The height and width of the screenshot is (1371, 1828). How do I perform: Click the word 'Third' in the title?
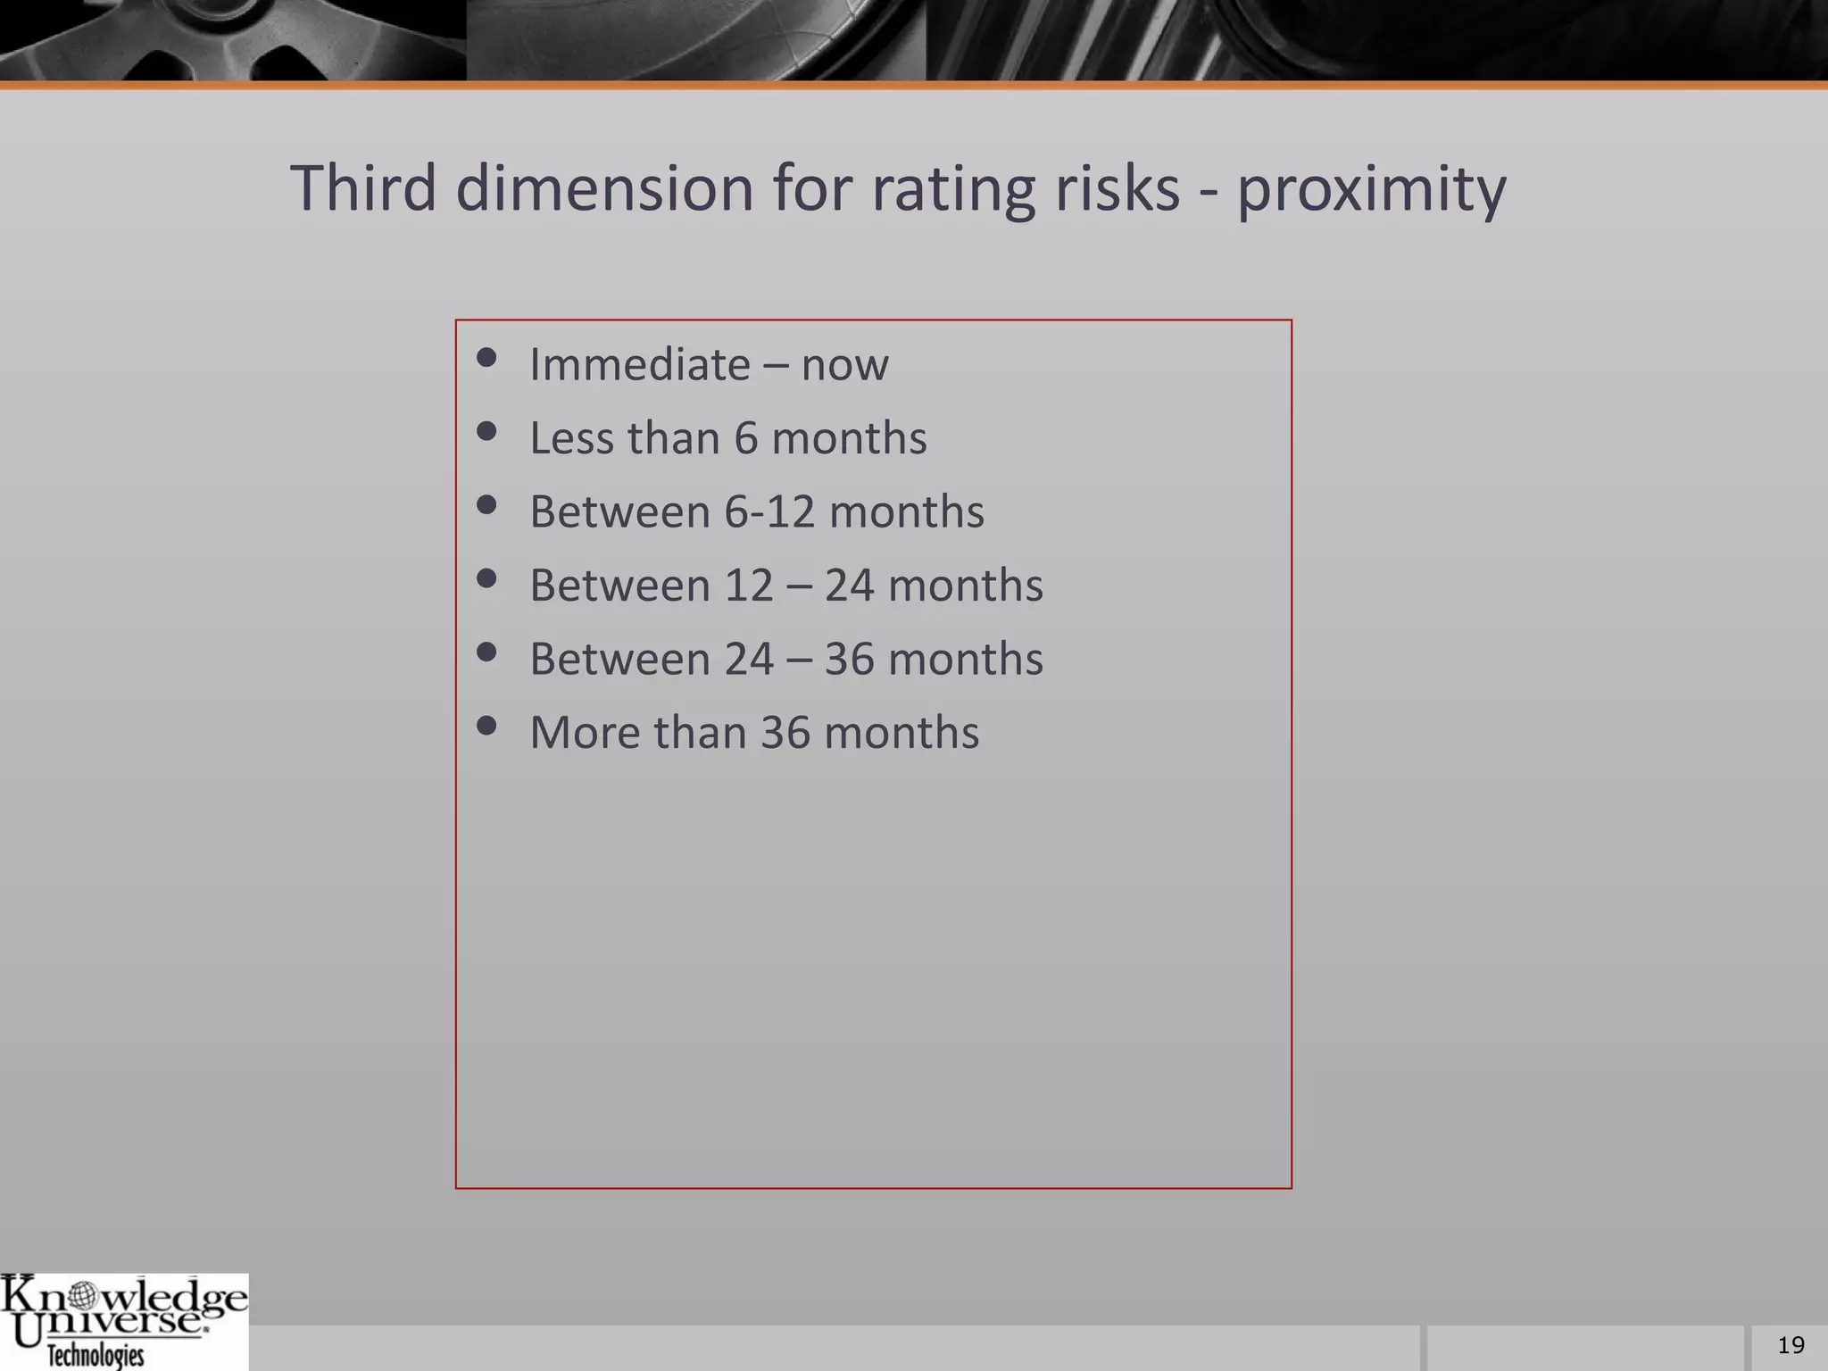pyautogui.click(x=363, y=188)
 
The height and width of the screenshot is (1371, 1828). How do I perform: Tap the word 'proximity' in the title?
pyautogui.click(x=1371, y=190)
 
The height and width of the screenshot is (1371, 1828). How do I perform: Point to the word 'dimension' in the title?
pyautogui.click(x=604, y=188)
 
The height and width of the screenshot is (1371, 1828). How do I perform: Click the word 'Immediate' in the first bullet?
pyautogui.click(x=640, y=364)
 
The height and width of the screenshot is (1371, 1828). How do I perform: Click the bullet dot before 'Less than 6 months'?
pyautogui.click(x=486, y=433)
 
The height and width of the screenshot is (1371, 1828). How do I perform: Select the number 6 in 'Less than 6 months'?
pyautogui.click(x=745, y=438)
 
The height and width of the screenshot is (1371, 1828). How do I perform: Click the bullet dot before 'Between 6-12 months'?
pyautogui.click(x=486, y=506)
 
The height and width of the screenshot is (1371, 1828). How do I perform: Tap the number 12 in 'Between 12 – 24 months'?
pyautogui.click(x=749, y=586)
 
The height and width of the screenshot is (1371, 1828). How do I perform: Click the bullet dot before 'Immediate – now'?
pyautogui.click(x=486, y=359)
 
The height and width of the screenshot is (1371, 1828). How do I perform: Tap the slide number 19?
pyautogui.click(x=1791, y=1345)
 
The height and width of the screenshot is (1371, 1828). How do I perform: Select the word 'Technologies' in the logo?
pyautogui.click(x=96, y=1356)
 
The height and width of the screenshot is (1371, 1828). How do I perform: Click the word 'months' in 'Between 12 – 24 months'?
pyautogui.click(x=966, y=586)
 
